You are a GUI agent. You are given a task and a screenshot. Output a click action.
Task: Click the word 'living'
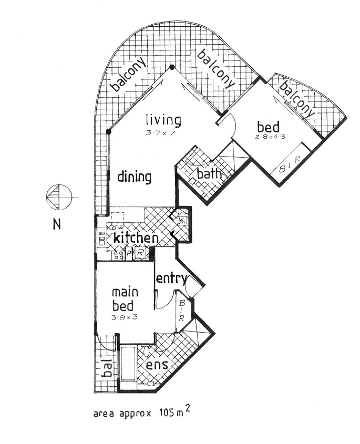[163, 120]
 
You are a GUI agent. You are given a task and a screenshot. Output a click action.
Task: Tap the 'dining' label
[134, 177]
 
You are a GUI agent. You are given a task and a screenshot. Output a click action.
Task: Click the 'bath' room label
[208, 173]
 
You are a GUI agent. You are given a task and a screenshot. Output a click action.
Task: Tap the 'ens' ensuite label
[157, 365]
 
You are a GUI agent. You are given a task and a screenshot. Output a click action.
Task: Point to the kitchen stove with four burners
[117, 254]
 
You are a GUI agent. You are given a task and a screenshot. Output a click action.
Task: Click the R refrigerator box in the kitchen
[140, 254]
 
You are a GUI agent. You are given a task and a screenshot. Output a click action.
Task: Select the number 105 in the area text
[167, 412]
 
